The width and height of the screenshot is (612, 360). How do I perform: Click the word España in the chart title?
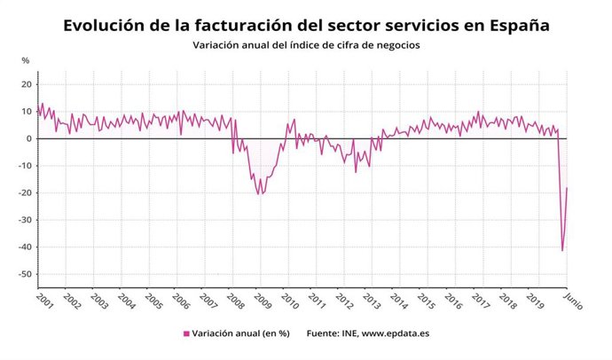[515, 26]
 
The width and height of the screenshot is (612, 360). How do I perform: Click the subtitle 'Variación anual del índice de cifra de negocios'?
[306, 44]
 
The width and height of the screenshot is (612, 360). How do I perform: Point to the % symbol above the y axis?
[26, 60]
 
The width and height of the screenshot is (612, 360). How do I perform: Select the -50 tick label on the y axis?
[24, 274]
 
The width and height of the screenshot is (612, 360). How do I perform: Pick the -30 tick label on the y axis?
[24, 220]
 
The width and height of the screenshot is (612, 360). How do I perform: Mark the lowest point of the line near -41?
[562, 250]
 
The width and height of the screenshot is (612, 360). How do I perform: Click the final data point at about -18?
[567, 188]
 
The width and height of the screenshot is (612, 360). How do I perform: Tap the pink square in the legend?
[186, 333]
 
